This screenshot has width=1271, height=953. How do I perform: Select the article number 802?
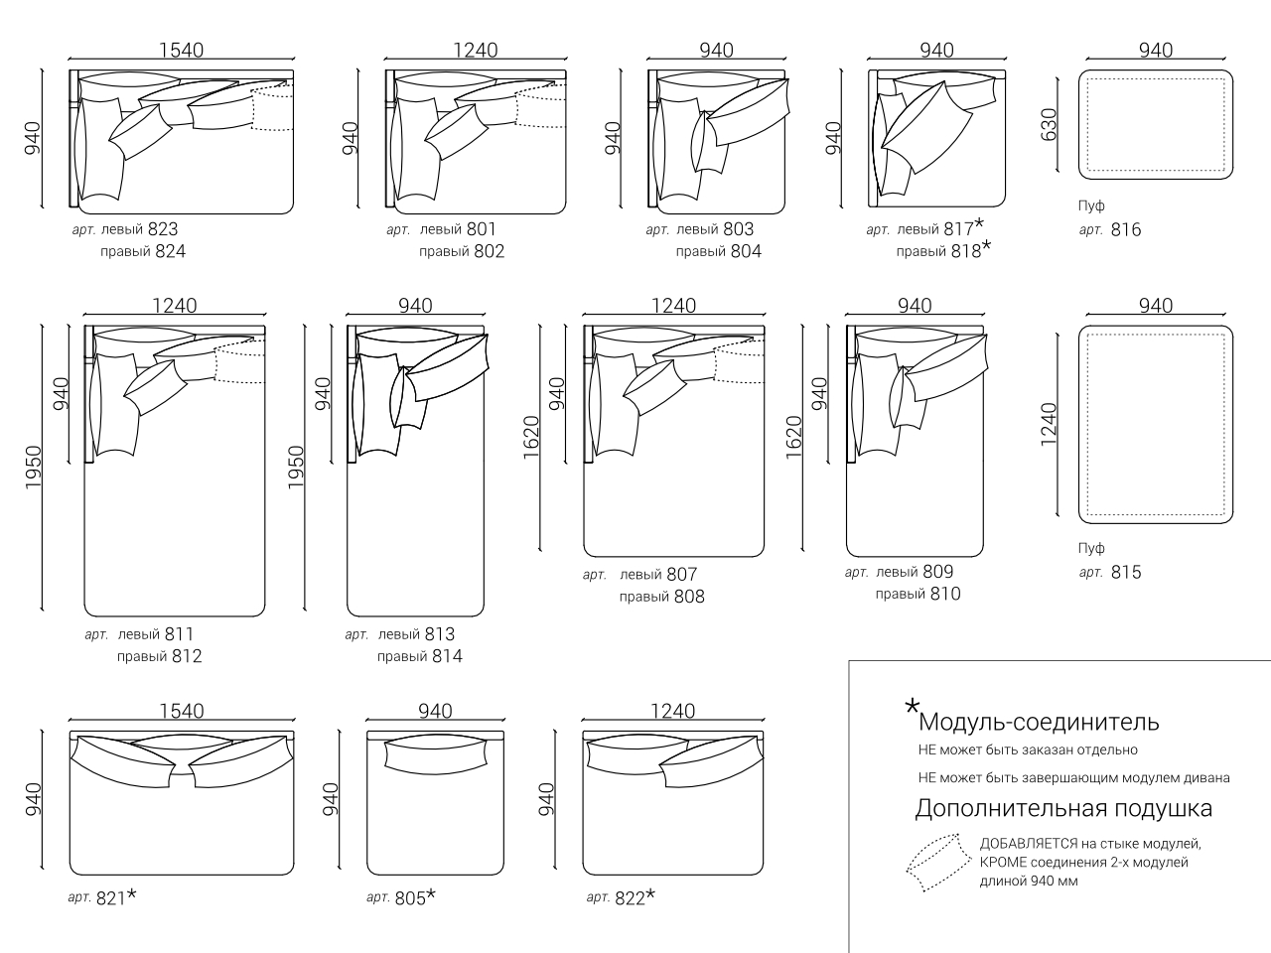coord(489,251)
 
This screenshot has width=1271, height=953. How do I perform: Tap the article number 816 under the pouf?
coord(1126,229)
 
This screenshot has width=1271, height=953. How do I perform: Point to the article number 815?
coord(1126,572)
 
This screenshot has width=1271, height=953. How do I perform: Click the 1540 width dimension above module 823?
coord(182,51)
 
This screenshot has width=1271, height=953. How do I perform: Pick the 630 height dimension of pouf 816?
coord(1050,125)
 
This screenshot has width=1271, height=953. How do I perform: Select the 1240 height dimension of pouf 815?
coord(1050,425)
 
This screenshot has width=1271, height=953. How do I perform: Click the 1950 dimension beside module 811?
coord(33,467)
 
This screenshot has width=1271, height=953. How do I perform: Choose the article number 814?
coord(446,656)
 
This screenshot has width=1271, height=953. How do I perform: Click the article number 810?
coord(945,594)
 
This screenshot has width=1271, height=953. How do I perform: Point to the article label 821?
coord(111,898)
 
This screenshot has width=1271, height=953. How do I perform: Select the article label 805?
coord(410,898)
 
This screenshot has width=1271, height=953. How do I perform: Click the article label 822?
coord(630,898)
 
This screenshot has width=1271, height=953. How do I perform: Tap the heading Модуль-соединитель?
coord(1039,722)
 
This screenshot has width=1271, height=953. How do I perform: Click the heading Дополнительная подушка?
coord(1063,808)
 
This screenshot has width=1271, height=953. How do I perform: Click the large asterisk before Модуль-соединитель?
coord(912,707)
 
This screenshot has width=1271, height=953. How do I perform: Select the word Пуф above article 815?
coord(1091,548)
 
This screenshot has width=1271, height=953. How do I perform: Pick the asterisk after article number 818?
coord(986,246)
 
